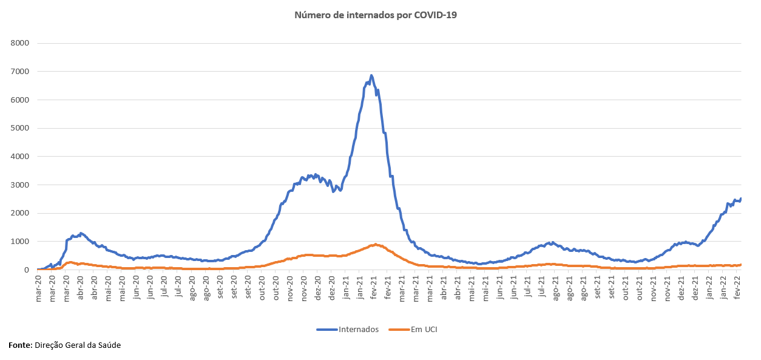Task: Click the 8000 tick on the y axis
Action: [21, 43]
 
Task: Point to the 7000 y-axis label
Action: [21, 72]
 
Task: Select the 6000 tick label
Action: [21, 100]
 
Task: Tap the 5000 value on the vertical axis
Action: [21, 128]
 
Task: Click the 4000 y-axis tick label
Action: [21, 157]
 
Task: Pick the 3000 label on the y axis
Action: [21, 185]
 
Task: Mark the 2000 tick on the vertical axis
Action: [21, 213]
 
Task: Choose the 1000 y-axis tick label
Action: [21, 242]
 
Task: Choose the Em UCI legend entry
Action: [423, 330]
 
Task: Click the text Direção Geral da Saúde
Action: [78, 345]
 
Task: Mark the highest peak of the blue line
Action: [371, 75]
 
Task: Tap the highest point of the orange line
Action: [376, 244]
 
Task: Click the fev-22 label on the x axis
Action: [737, 285]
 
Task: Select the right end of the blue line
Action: [741, 199]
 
